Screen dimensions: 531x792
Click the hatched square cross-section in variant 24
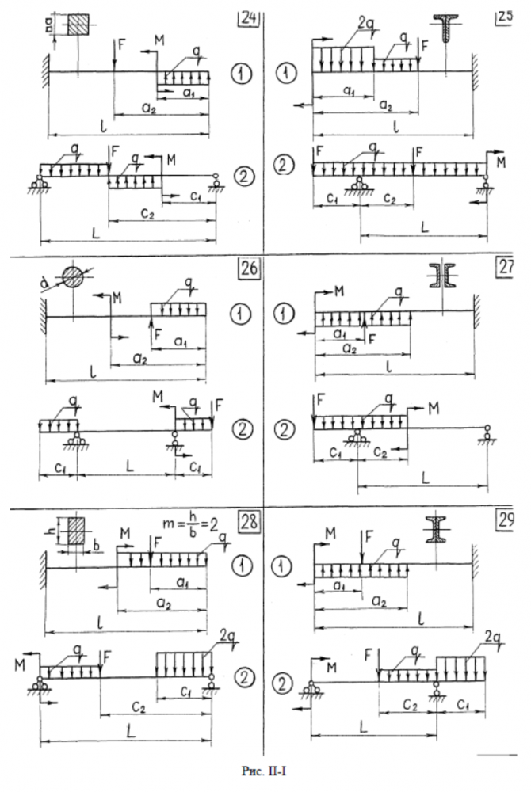click(x=78, y=25)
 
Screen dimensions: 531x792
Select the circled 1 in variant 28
click(x=242, y=565)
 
